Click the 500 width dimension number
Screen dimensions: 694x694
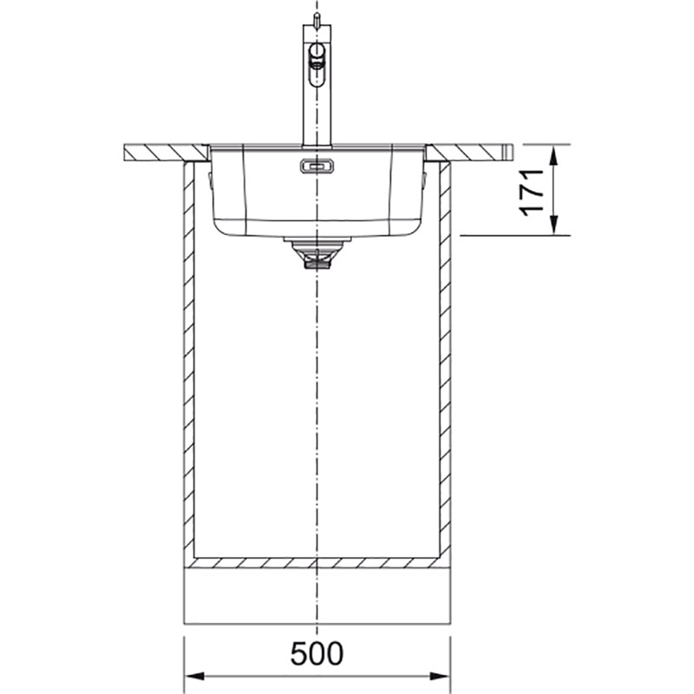pyautogui.click(x=317, y=653)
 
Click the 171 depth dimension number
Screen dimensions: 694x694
pyautogui.click(x=532, y=193)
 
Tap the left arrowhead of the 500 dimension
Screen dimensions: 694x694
pyautogui.click(x=194, y=677)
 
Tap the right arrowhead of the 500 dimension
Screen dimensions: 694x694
pyautogui.click(x=440, y=677)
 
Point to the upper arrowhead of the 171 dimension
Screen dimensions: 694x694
pyautogui.click(x=553, y=155)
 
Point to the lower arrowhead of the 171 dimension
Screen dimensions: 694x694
pyautogui.click(x=553, y=224)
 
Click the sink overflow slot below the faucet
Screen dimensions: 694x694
pyautogui.click(x=317, y=166)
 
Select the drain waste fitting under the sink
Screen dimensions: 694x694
pyautogui.click(x=317, y=252)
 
